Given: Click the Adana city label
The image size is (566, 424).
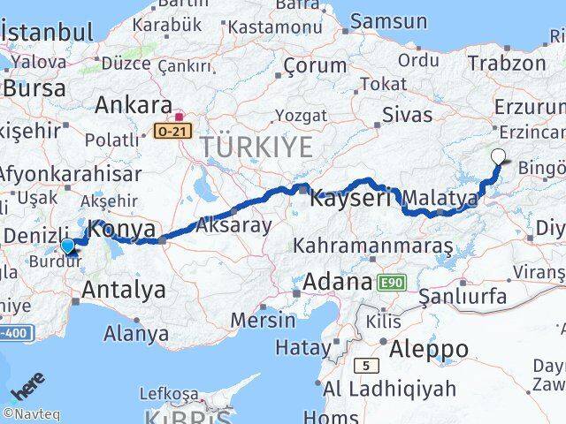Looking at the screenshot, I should [x=336, y=284].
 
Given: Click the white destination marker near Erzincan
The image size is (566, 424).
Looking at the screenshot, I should [x=500, y=157].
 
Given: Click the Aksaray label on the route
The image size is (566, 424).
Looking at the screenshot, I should [x=233, y=225].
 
